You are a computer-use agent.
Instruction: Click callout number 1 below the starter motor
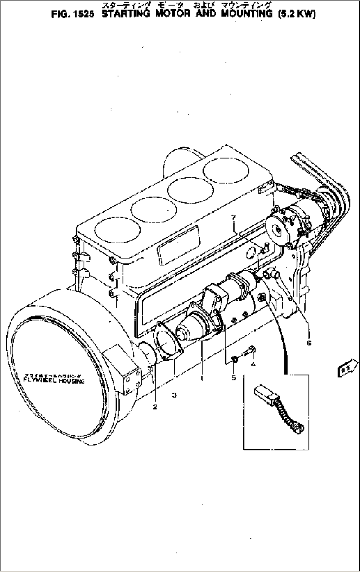(202, 378)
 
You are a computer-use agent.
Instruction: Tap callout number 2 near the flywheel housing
(155, 407)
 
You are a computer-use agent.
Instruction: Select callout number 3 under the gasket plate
(174, 395)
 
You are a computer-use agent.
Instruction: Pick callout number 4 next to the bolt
(253, 364)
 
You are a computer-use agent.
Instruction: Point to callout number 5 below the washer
(234, 378)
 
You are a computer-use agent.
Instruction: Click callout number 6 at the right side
(309, 343)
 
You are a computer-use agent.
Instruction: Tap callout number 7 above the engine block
(234, 218)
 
